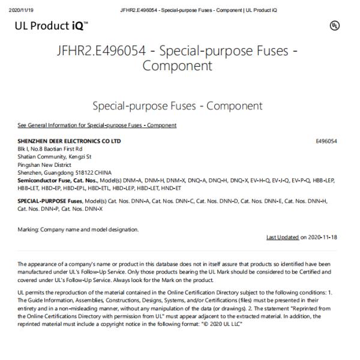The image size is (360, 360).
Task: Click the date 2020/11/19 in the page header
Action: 14,7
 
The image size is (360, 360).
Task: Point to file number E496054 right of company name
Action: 326,141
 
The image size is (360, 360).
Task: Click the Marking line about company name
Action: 78,229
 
